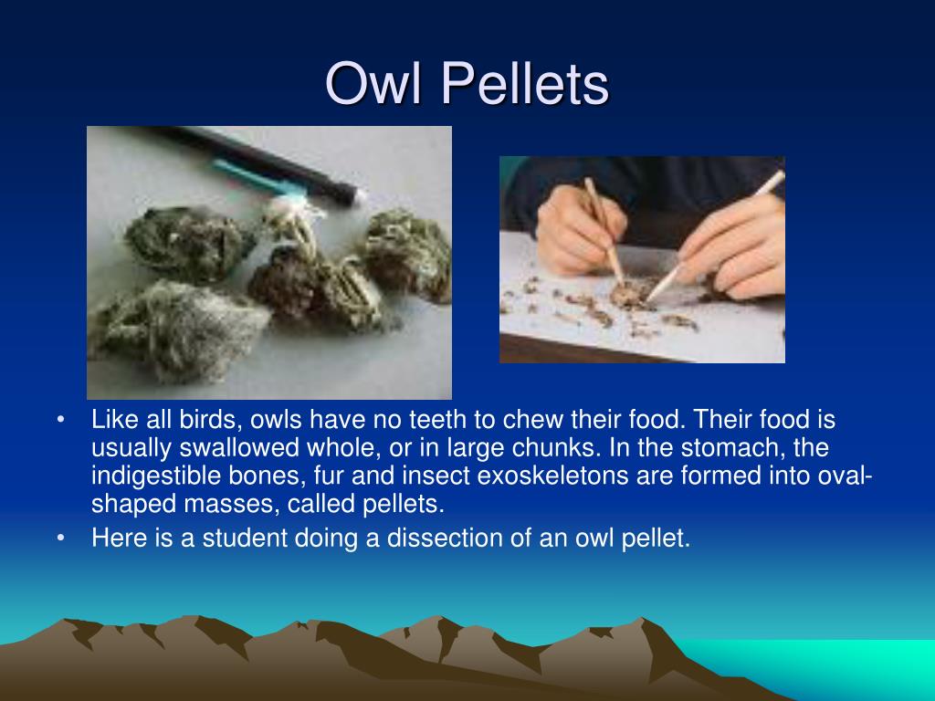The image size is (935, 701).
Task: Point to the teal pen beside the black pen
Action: [x=256, y=178]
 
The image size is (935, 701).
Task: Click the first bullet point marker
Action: [x=61, y=421]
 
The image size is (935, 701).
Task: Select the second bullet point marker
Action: [x=61, y=539]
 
